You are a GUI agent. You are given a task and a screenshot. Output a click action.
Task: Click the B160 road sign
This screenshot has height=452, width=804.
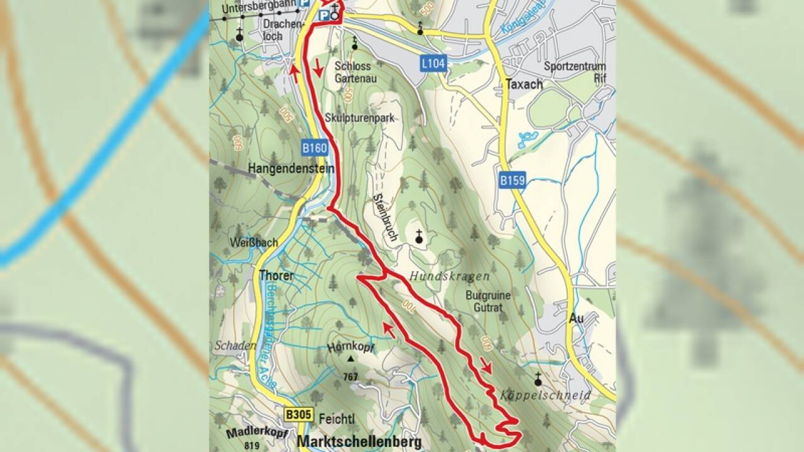pos(315,149)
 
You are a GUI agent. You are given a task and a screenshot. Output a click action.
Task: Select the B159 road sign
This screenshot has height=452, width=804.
pos(513,181)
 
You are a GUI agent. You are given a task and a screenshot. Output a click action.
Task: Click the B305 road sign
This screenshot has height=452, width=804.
pos(298,415)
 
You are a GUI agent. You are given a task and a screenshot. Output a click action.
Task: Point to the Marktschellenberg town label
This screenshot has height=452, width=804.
pos(359,441)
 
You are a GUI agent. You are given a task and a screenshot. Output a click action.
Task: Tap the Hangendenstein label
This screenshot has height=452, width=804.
pos(290,169)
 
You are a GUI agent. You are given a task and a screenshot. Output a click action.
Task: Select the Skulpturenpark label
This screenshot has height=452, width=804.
pos(354,117)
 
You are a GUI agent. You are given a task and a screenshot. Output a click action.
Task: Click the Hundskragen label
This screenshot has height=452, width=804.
pos(449,276)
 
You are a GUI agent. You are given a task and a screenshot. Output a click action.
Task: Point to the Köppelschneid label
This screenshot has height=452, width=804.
pos(546,395)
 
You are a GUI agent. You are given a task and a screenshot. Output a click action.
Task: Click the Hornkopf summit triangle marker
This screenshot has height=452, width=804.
pos(350,359)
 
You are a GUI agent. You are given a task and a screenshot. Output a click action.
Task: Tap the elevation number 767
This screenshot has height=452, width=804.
pos(350,377)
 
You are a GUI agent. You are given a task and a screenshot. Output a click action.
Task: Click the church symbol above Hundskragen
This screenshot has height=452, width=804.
pos(419,237)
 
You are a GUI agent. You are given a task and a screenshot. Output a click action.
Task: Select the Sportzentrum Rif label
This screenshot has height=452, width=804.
pos(575,72)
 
